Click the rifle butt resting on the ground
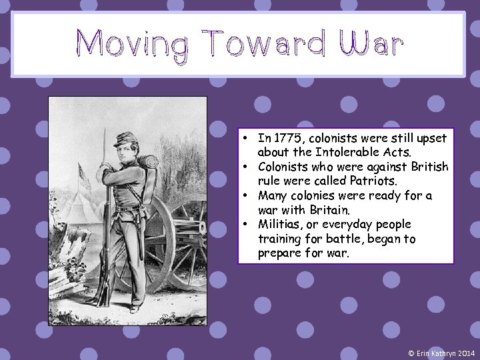point(102,294)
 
